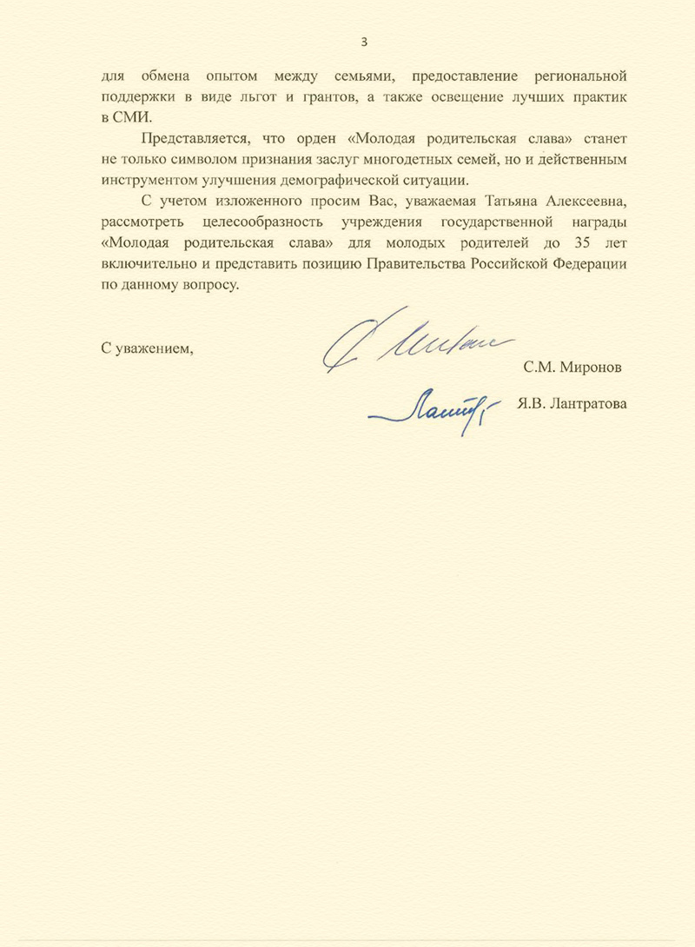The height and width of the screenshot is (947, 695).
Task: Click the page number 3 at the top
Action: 364,42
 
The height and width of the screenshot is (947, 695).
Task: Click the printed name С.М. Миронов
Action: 573,367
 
